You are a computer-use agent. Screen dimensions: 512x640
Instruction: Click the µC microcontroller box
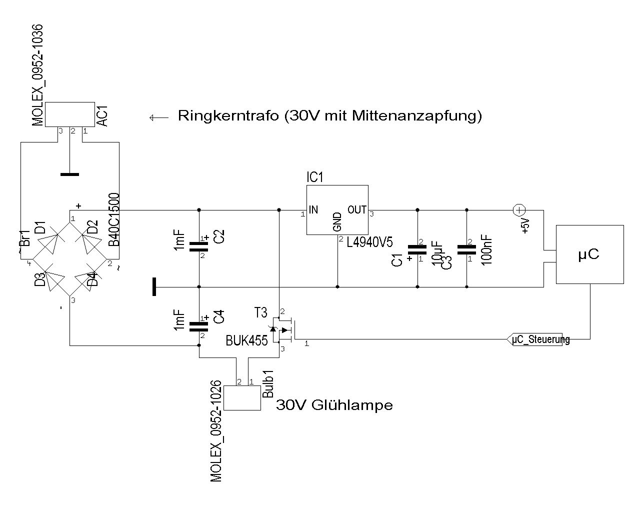click(590, 254)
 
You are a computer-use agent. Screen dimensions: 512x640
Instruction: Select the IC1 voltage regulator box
click(337, 210)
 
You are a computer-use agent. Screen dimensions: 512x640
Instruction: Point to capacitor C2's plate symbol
click(199, 245)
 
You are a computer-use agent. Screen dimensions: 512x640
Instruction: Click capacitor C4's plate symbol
click(199, 326)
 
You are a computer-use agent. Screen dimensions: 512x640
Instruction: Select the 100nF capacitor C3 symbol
click(466, 250)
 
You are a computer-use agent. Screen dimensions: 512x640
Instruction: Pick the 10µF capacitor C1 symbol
click(417, 250)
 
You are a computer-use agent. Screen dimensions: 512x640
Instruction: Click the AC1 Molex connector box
click(69, 114)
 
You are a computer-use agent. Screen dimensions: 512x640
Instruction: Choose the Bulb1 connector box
click(242, 398)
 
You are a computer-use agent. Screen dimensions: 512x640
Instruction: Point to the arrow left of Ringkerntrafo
click(158, 117)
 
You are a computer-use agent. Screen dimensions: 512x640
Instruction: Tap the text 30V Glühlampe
click(334, 404)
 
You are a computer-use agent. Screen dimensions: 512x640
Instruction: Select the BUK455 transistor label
click(246, 340)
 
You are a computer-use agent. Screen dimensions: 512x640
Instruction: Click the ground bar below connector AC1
click(69, 174)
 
